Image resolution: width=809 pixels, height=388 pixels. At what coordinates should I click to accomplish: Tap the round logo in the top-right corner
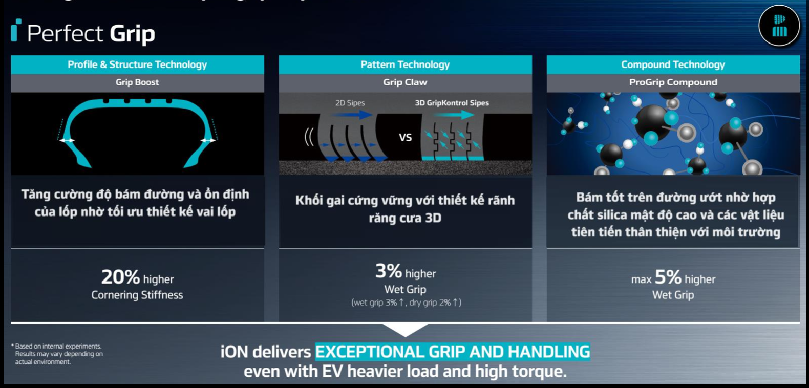tap(779, 26)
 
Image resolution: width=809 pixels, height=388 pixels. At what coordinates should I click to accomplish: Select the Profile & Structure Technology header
tap(137, 64)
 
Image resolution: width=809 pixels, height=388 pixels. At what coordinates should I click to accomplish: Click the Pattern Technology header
tap(405, 64)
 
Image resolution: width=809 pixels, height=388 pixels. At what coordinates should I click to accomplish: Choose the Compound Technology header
tap(673, 64)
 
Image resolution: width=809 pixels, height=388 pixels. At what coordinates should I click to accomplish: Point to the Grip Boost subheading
tap(137, 82)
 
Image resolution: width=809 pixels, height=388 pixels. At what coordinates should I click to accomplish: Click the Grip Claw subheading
tap(405, 82)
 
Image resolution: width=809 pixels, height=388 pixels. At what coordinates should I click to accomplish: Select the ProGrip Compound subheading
tap(673, 82)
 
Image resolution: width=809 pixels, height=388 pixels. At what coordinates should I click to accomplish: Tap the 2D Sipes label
tap(350, 103)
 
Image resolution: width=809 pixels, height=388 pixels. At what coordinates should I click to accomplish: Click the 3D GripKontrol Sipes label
tap(452, 103)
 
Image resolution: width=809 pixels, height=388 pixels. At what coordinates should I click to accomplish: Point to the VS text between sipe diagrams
tap(405, 138)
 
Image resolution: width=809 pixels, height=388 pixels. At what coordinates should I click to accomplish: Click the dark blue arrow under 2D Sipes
tap(352, 115)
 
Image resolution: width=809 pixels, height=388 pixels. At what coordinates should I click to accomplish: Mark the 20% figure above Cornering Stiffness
tap(120, 277)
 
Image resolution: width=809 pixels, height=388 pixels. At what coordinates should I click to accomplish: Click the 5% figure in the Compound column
tap(668, 277)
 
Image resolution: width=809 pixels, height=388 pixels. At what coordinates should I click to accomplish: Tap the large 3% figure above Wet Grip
tap(389, 271)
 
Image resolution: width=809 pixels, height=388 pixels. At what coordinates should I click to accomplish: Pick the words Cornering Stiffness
tap(137, 295)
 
